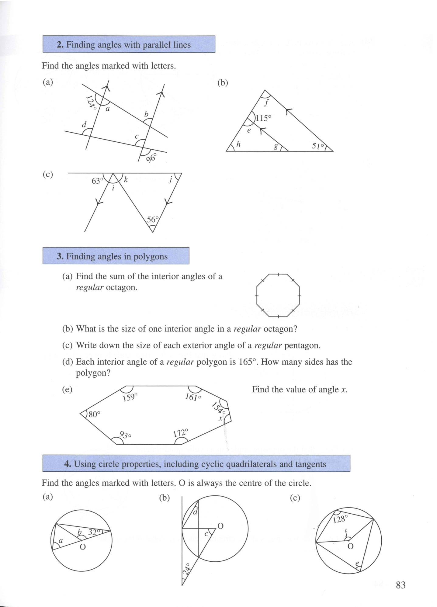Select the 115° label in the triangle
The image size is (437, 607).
[263, 118]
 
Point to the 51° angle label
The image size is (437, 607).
[318, 146]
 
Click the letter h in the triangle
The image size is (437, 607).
[238, 144]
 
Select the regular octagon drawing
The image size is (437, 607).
[278, 295]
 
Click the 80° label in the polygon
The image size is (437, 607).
[94, 414]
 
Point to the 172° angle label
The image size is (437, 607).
[181, 433]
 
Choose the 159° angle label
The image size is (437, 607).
[130, 397]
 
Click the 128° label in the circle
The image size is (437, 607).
[340, 519]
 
